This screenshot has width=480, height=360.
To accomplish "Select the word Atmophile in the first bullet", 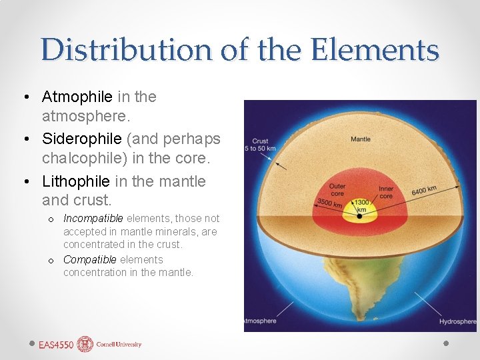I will pos(77,97).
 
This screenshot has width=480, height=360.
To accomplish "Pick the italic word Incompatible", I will pos(93,219).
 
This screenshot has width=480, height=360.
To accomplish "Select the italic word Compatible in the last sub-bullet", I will pos(90,260).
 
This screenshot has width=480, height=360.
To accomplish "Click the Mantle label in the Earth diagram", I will pos(361,139).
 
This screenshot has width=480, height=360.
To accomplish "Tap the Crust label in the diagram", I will pos(261,141).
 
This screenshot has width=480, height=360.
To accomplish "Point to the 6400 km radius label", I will pos(423,191).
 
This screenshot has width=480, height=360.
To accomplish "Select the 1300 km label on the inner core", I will pos(360,203).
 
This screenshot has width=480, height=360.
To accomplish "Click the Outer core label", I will pos(337,189).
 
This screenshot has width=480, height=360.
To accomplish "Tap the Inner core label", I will pos(386,193).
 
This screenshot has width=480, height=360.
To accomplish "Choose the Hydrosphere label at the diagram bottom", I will pos(457,321).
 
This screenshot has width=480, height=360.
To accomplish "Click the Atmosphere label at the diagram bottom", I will pos(260,321).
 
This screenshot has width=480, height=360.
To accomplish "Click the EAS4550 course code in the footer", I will pos(56,345).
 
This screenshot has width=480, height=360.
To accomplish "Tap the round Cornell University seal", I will pos(85,344).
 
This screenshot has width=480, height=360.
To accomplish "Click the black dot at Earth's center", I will pos(360,216).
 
